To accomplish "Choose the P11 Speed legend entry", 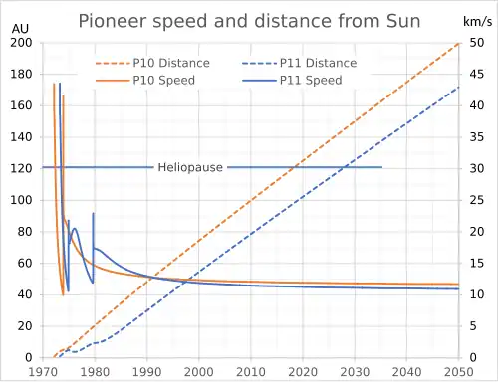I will [x=309, y=80].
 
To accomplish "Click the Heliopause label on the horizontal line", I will [x=190, y=167].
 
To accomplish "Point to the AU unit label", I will [x=20, y=28].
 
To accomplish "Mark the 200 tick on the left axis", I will [x=20, y=42].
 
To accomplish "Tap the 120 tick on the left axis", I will [x=20, y=168].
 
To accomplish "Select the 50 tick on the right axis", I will [x=475, y=42].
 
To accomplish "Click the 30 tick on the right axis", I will [x=475, y=168].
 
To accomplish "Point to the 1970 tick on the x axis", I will [x=42, y=371].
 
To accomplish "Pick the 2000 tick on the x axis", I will [x=199, y=371].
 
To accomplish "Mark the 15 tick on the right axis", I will [x=475, y=263].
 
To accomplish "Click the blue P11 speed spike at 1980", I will [x=94, y=215].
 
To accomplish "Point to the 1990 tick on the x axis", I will [x=146, y=371].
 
